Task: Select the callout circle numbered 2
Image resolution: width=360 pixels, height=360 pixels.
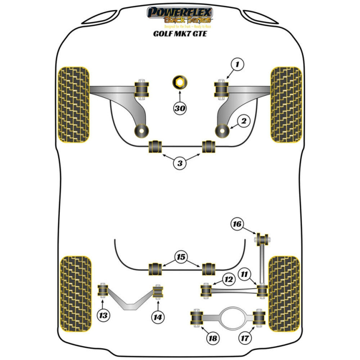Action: (243, 122)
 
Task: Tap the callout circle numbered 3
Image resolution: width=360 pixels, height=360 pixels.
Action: (180, 163)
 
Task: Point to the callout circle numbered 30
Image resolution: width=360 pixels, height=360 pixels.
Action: (180, 108)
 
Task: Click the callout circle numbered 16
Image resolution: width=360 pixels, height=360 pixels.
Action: (237, 225)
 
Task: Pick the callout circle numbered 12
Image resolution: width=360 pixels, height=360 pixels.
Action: (228, 279)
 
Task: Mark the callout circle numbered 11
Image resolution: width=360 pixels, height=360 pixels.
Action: (245, 274)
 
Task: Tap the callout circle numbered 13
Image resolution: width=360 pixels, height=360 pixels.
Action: (104, 316)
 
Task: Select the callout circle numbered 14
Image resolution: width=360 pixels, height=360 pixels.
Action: (158, 317)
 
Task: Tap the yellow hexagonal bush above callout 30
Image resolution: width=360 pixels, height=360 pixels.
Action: (179, 83)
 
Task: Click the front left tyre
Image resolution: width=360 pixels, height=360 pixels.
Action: (73, 104)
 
